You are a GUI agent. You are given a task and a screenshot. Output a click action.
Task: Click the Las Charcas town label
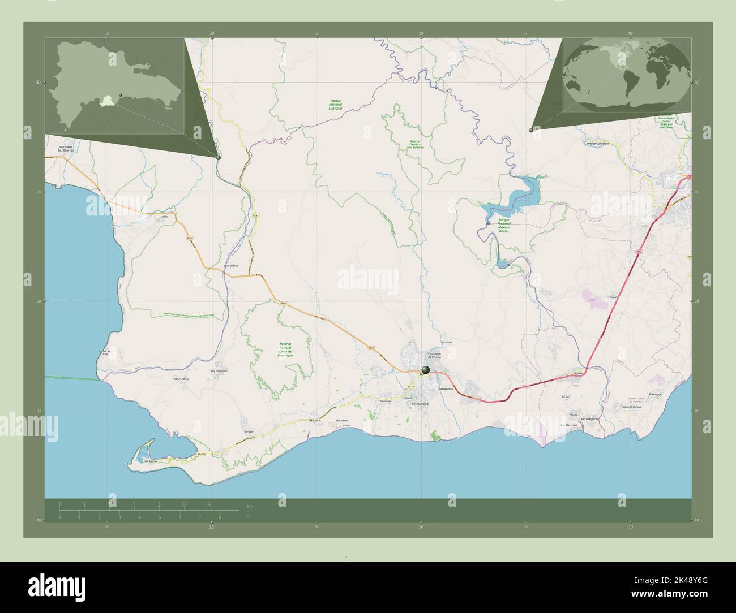66,150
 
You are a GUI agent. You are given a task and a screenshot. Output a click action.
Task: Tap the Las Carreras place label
230,266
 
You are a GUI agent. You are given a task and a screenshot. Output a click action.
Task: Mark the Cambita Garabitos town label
600,143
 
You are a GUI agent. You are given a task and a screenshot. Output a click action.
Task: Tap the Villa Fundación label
219,370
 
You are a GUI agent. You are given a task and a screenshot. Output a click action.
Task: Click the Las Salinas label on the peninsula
150,462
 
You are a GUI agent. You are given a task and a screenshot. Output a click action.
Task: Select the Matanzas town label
315,421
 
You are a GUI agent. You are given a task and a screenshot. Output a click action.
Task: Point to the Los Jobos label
341,421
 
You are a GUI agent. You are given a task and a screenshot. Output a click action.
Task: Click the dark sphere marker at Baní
425,370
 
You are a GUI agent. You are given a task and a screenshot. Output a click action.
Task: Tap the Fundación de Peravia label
434,356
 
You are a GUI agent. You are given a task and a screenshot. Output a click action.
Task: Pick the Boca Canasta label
420,404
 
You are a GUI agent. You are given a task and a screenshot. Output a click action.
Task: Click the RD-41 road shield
255,215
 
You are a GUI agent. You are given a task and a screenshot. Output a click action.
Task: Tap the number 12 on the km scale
209,503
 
